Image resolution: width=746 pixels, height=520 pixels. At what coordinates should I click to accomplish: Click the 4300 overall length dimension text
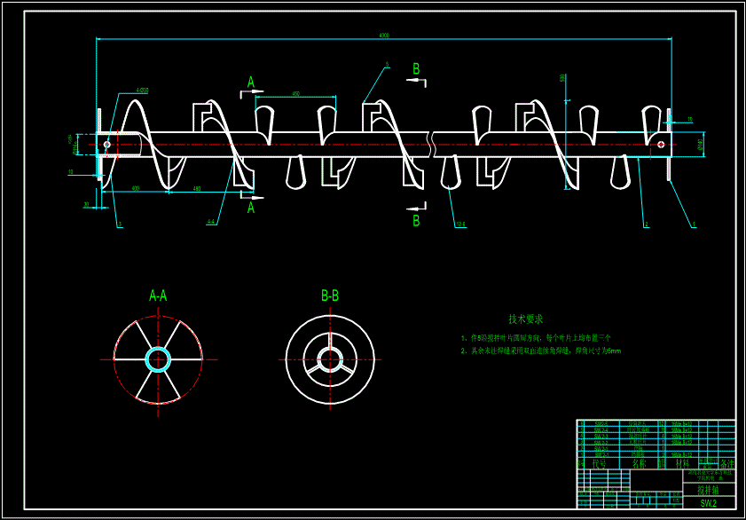coord(383,35)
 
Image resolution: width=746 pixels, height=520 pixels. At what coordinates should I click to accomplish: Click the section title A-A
coord(158,295)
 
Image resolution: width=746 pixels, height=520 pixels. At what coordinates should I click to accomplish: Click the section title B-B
coord(330,295)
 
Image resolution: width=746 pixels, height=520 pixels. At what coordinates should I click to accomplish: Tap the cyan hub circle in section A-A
coord(158,359)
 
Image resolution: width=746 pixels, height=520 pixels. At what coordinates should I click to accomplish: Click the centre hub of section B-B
coord(330,359)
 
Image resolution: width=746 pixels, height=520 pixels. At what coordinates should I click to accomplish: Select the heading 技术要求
coord(525,319)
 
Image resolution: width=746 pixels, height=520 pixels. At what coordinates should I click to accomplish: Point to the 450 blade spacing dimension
coord(295,93)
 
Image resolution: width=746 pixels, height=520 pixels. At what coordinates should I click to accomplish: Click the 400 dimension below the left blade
coord(135,188)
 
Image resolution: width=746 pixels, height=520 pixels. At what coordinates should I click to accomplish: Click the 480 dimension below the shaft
coord(196,188)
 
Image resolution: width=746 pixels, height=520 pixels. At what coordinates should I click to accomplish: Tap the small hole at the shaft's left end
coord(107,145)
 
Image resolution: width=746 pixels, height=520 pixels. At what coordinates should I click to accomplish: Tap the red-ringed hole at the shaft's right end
coord(661,145)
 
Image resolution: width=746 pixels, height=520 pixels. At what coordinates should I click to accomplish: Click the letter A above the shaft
coord(251,83)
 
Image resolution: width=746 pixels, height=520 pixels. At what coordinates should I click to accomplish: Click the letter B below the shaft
coord(416,221)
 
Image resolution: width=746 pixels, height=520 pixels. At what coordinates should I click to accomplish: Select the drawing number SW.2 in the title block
coord(708,503)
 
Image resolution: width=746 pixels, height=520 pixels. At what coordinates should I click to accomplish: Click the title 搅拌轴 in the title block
coord(708,489)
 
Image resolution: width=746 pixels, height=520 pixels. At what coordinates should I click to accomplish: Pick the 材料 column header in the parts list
coord(682,463)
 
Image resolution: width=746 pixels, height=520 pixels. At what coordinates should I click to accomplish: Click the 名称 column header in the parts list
coord(638,463)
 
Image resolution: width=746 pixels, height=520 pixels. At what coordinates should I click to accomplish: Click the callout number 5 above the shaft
coord(388,65)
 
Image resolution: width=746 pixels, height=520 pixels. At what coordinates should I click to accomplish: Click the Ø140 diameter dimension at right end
coord(700,145)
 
